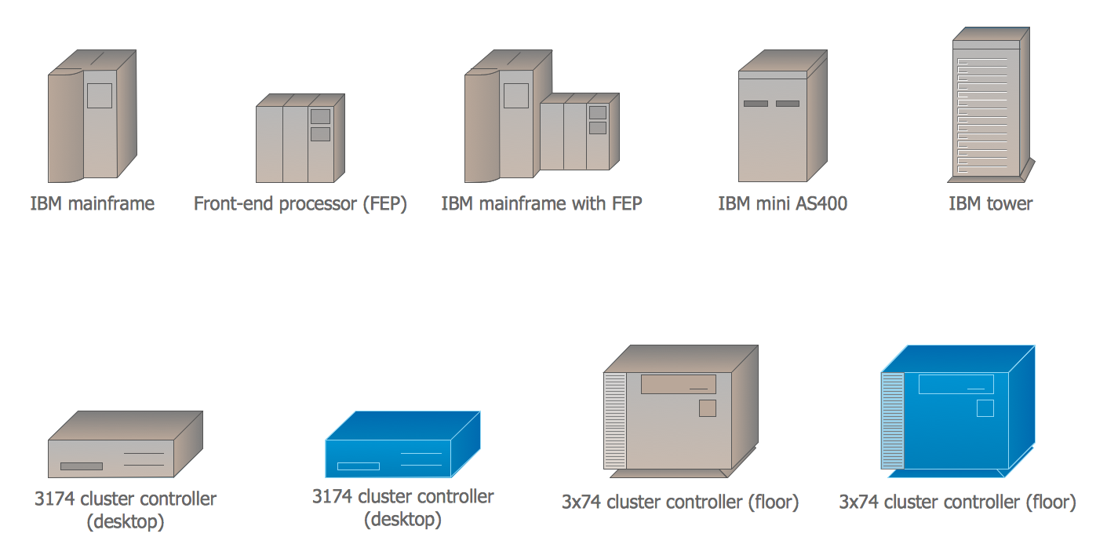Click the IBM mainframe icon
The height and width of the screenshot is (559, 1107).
tap(92, 118)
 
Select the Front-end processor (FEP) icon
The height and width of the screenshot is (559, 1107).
tap(300, 140)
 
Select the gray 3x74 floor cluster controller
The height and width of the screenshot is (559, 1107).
tap(679, 411)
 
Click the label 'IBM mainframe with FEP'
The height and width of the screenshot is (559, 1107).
tap(541, 204)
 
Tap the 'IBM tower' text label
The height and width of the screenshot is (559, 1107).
tap(990, 204)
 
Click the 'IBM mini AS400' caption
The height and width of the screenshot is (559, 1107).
tap(782, 204)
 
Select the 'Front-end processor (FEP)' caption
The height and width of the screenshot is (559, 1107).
tap(300, 204)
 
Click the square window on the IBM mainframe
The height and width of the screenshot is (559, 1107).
tap(100, 95)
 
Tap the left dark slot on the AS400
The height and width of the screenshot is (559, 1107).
tap(756, 104)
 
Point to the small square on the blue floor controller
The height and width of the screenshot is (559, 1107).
tap(985, 408)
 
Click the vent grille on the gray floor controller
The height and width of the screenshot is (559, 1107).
tap(614, 421)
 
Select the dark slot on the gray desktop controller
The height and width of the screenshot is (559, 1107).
tap(82, 466)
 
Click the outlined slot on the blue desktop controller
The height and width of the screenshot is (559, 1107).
tap(358, 466)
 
